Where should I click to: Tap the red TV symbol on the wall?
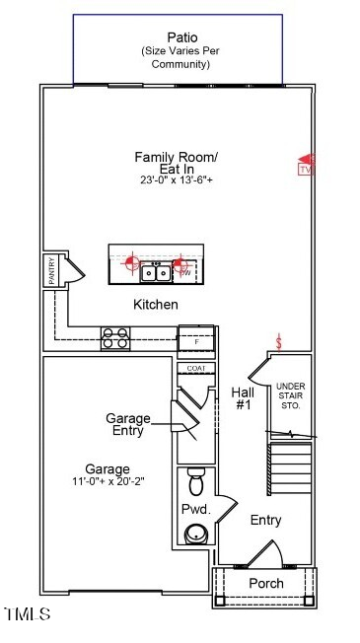click(x=305, y=164)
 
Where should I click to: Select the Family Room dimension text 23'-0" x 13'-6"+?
click(x=176, y=180)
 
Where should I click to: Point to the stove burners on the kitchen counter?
click(x=115, y=338)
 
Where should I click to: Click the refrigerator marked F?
click(x=195, y=340)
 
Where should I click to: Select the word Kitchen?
click(x=156, y=304)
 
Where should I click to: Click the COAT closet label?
click(x=195, y=369)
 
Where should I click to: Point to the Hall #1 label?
click(x=243, y=397)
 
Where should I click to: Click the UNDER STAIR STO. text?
click(x=290, y=395)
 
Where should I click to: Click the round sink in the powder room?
click(x=196, y=534)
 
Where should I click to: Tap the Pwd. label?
click(x=193, y=509)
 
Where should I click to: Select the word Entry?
click(x=265, y=520)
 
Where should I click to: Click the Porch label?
click(x=265, y=583)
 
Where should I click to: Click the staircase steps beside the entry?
click(x=289, y=469)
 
